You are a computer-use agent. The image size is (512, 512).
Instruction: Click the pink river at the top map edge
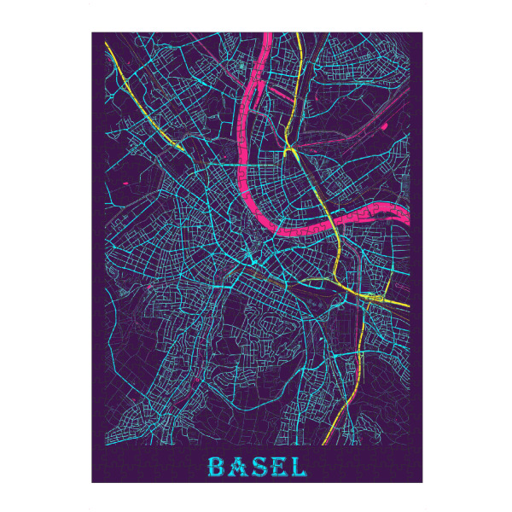point(268,36)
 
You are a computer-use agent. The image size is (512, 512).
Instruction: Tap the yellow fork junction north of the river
point(290,150)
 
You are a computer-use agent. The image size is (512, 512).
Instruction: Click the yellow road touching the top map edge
point(298,36)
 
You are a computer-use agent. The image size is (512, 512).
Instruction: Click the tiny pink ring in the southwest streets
point(197,375)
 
